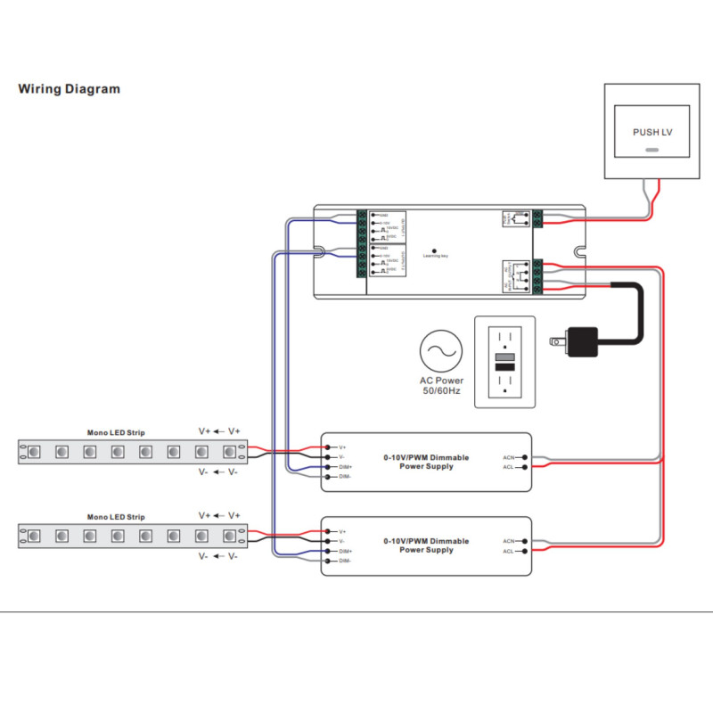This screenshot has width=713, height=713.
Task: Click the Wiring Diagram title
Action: tap(70, 89)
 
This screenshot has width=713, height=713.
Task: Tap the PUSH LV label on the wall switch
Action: tap(652, 132)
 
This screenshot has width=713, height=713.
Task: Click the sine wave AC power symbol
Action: tap(440, 351)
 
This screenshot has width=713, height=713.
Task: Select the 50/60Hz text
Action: tap(440, 390)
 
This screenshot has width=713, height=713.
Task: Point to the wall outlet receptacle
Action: tap(504, 361)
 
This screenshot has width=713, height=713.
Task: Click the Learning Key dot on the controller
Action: tap(435, 250)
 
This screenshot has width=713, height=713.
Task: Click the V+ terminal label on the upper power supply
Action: tap(342, 447)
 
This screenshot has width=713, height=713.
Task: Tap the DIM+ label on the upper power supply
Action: tap(345, 467)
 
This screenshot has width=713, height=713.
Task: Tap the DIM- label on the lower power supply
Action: tap(345, 561)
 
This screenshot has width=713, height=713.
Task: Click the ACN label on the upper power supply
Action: tap(508, 457)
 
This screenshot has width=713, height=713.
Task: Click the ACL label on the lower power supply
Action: tap(508, 552)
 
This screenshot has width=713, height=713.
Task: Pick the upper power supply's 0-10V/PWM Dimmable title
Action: tap(426, 457)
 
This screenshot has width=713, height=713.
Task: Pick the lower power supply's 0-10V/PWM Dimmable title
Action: tap(426, 541)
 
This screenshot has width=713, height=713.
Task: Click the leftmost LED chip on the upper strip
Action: tap(33, 452)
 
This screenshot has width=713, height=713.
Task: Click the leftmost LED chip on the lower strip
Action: tap(33, 536)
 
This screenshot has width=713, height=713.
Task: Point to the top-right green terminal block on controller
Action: tap(538, 218)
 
